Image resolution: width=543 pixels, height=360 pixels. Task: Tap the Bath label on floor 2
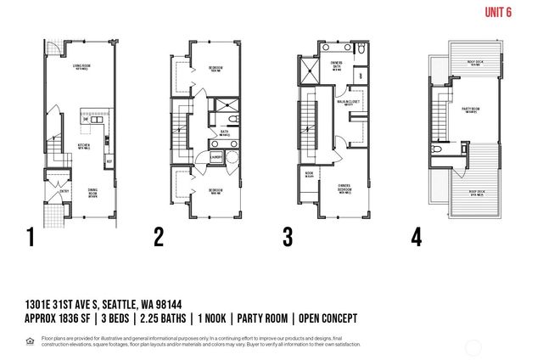pos(224,132)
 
